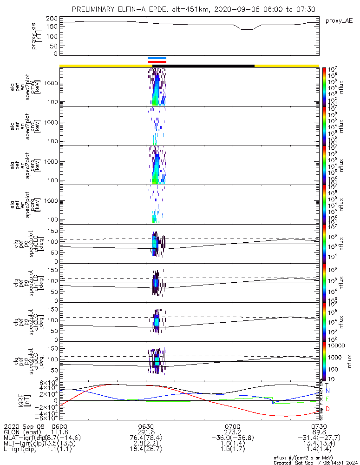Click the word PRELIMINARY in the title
(95, 9)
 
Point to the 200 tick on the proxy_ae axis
(52, 18)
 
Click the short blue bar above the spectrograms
(157, 58)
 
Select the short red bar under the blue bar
(157, 62)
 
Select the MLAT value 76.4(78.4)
(146, 438)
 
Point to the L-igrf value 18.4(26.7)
(146, 450)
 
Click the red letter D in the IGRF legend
(328, 409)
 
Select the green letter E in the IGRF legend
(328, 399)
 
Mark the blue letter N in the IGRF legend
(328, 391)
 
